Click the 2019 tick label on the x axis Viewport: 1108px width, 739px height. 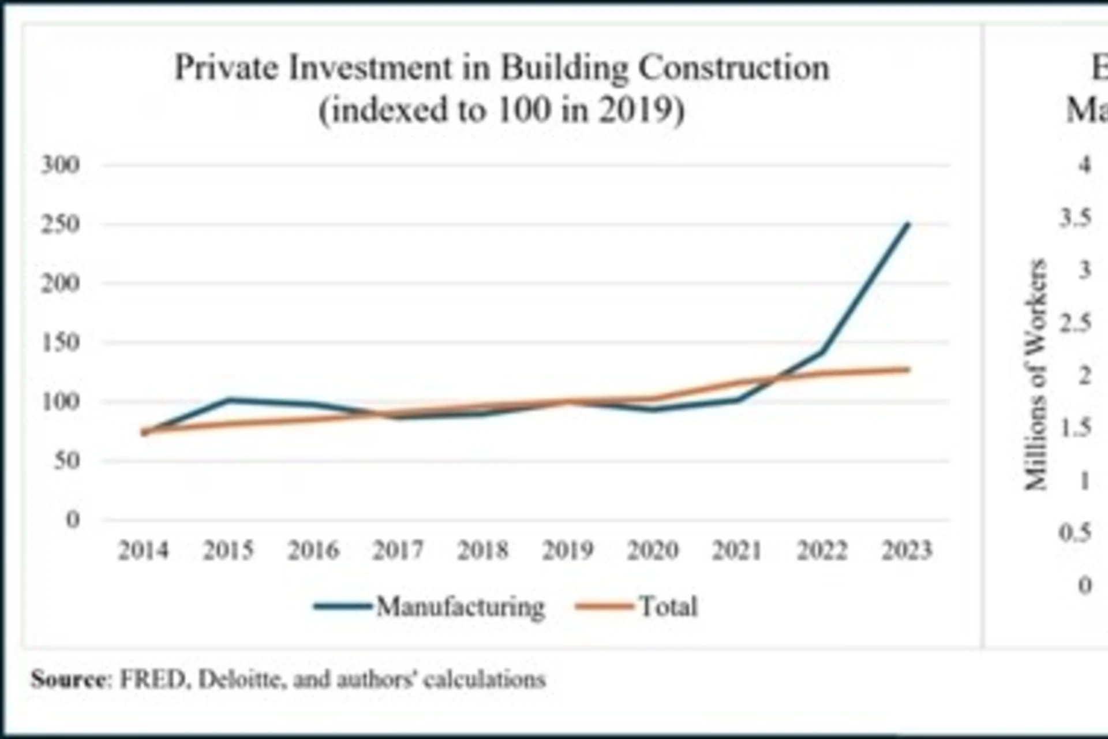(568, 550)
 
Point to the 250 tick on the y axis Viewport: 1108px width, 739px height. (60, 225)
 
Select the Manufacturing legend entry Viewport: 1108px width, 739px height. (460, 607)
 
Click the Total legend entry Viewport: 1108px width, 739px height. (668, 607)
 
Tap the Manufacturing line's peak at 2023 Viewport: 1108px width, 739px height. (908, 224)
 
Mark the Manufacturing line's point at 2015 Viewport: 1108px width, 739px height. (229, 399)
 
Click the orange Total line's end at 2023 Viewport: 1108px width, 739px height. (908, 369)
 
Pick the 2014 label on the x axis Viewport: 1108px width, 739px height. (143, 550)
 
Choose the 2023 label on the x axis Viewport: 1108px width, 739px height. (907, 550)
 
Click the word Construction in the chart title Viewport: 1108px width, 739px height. (733, 68)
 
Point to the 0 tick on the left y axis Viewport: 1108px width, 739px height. (73, 520)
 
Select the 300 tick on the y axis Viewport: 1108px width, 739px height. (60, 165)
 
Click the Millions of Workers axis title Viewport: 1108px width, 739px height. (1035, 375)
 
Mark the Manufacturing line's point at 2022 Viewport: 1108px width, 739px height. (822, 352)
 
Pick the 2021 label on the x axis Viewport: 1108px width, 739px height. (737, 550)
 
